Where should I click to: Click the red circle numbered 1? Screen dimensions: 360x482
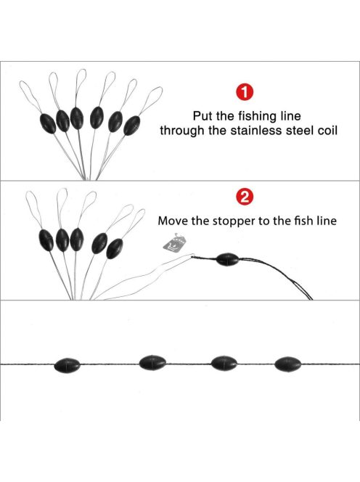[x=245, y=92]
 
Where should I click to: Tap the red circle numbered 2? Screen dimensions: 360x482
[x=245, y=197]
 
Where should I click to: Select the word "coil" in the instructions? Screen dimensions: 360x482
[x=327, y=131]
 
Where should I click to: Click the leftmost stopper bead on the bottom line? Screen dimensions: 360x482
[x=67, y=365]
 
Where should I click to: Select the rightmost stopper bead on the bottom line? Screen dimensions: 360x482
[x=288, y=364]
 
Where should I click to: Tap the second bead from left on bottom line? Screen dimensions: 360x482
[x=152, y=363]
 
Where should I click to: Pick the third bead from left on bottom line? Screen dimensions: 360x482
[x=224, y=363]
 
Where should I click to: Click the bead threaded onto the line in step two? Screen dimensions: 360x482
[x=227, y=260]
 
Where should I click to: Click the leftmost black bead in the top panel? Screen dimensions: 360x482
[x=48, y=123]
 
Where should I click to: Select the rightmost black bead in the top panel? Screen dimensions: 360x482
[x=132, y=126]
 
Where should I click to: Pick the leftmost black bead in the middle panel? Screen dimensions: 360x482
[x=46, y=240]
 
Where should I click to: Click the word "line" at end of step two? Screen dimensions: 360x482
[x=327, y=221]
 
